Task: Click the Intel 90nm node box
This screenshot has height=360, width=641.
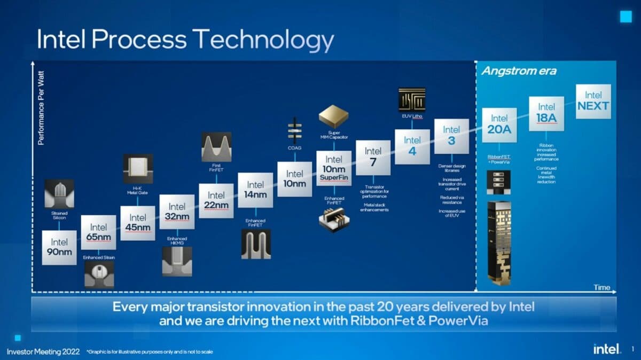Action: pos(59,247)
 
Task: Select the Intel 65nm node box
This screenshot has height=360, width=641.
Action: pos(98,232)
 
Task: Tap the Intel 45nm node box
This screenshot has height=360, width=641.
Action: pos(138,223)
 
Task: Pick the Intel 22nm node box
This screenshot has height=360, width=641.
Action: pos(216,200)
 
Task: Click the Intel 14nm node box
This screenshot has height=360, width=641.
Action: pos(255,190)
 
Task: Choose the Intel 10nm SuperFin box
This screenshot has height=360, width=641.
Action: pos(334,168)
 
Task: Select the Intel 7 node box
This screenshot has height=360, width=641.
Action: pos(373,157)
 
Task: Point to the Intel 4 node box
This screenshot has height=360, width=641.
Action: pos(412,146)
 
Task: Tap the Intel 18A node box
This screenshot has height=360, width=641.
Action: pos(546,113)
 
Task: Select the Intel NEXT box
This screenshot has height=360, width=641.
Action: pos(593,101)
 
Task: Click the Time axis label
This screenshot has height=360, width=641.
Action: pos(601,287)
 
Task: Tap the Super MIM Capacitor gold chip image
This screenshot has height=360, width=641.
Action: pos(333,116)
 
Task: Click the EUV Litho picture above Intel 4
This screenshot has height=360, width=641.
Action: pos(412,99)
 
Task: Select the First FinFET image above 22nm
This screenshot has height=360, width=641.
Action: pos(216,146)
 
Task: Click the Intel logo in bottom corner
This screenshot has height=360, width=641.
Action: pos(607,349)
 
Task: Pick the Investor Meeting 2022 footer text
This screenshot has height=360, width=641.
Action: pos(43,351)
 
